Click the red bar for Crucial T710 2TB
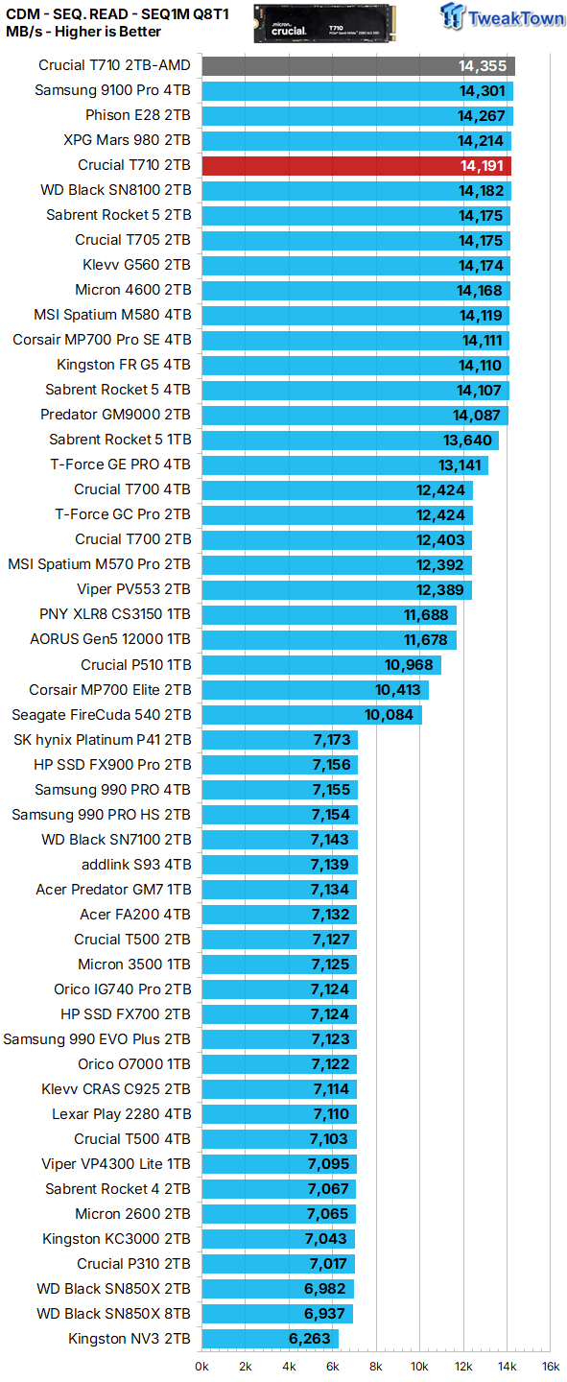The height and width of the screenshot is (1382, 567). tap(356, 165)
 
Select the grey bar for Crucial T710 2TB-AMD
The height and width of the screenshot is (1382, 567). tap(358, 65)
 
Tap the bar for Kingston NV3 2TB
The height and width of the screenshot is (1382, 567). tap(270, 1339)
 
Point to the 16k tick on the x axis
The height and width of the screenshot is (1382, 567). tap(550, 1367)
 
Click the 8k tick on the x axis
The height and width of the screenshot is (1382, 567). tap(376, 1367)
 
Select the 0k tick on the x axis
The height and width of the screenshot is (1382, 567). tap(202, 1367)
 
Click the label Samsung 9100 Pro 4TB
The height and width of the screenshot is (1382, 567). tap(112, 90)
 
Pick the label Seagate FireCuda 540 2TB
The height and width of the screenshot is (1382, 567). tap(101, 715)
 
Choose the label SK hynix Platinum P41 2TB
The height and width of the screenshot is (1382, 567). tap(102, 740)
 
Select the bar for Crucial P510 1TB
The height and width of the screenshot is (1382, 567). tap(320, 665)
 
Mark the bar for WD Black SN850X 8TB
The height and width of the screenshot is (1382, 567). tap(277, 1314)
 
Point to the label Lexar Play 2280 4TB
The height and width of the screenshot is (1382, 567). tap(121, 1114)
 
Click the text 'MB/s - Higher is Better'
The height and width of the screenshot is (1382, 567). tap(83, 32)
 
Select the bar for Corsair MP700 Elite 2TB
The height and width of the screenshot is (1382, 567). tap(315, 690)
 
